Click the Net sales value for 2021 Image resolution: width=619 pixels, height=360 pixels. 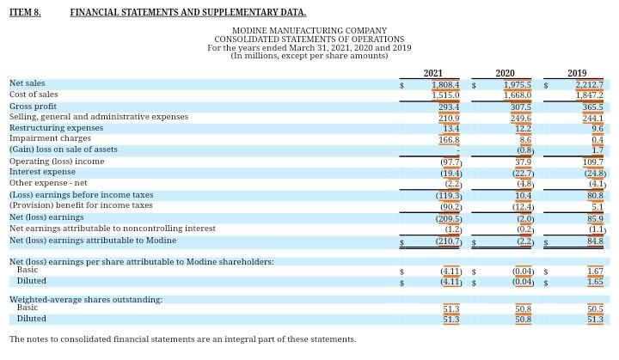(x=445, y=84)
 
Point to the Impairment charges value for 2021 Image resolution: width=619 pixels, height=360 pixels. (x=449, y=139)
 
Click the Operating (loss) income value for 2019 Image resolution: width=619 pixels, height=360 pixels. (x=592, y=162)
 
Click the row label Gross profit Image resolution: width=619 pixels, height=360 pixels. (x=33, y=106)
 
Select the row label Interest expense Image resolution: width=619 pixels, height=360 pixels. (x=42, y=172)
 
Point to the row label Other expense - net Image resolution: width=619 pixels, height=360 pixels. (x=48, y=183)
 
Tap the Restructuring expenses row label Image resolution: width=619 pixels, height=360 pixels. (x=56, y=128)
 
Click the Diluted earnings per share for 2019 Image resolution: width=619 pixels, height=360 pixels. (x=595, y=281)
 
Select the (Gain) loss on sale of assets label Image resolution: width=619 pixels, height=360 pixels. (x=64, y=149)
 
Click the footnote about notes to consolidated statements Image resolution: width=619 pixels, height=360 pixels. (x=182, y=339)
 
